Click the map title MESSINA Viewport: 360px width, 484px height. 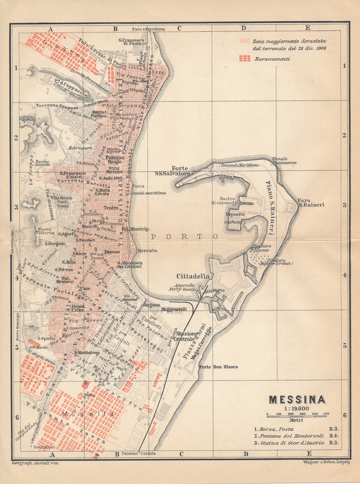click(297, 400)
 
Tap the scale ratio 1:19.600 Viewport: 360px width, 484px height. click(297, 408)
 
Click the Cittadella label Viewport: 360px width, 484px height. click(193, 276)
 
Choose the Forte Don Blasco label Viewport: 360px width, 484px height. click(219, 367)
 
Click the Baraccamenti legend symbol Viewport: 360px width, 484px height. click(245, 58)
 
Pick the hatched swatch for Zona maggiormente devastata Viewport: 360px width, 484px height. click(245, 40)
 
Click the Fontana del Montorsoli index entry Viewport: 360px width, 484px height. click(295, 436)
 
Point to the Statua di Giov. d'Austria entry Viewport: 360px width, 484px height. click(295, 443)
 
